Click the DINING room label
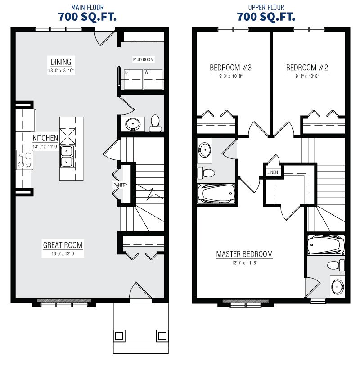coord(61,62)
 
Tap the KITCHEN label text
coord(45,138)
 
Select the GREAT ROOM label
coord(63,245)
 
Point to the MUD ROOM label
coord(143,59)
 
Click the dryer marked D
coord(133,79)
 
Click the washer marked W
coord(153,79)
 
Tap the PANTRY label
coord(121,185)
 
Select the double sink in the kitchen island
coord(67,156)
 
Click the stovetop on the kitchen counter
coord(24,160)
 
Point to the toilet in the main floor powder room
coord(155,123)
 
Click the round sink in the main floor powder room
coord(133,124)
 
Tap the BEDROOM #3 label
coord(230,68)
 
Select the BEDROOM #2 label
coord(307,68)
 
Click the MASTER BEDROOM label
coord(244,254)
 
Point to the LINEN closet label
coord(273,172)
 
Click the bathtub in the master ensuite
coord(326,245)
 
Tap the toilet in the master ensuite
coord(336,265)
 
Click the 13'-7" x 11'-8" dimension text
coord(244,263)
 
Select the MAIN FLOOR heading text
coord(87,8)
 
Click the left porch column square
coord(119,336)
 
